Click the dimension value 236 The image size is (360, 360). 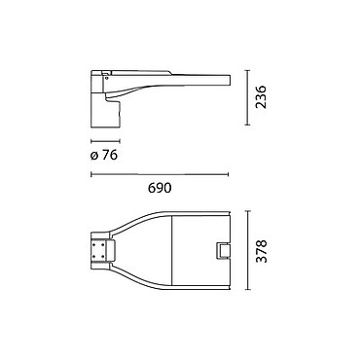261,97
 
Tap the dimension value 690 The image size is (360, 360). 160,188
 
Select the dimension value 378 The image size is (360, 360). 261,251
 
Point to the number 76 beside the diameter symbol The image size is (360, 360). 110,156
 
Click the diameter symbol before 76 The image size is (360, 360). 94,156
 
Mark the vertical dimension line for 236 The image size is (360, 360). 248,97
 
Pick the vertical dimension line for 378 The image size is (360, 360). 248,250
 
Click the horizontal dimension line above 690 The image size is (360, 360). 160,174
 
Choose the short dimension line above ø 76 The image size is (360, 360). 105,141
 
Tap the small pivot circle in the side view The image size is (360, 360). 106,78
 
